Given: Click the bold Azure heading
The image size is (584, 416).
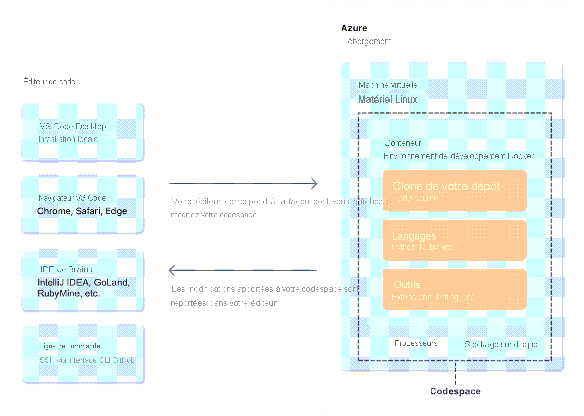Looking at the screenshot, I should click(x=354, y=28).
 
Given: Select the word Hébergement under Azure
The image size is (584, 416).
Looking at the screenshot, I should click(x=366, y=41).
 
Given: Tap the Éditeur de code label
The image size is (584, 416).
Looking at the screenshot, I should click(x=49, y=82).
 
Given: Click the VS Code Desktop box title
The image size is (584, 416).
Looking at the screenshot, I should click(x=73, y=126).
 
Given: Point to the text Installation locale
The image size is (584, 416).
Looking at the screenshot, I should click(x=68, y=139).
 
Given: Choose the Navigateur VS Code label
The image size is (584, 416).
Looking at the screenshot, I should click(x=72, y=198).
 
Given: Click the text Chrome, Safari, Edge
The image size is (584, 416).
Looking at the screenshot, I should click(x=82, y=211).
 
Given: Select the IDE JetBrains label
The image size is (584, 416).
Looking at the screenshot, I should click(x=66, y=269).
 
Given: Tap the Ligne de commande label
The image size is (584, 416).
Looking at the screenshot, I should click(x=70, y=346).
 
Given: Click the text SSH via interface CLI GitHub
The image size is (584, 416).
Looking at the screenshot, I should click(x=87, y=360).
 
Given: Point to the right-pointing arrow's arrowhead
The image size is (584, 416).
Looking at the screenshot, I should click(x=314, y=183).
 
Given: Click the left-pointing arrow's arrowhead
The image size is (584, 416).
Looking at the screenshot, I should click(x=173, y=270).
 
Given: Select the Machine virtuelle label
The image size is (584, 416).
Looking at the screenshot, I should click(x=388, y=85).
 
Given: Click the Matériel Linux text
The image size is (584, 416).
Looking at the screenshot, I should click(x=387, y=99).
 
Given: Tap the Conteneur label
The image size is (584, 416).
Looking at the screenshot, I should click(x=403, y=143).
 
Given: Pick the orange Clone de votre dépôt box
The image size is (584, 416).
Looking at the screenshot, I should click(x=454, y=191).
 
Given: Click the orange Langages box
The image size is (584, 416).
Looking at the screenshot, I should click(x=454, y=241).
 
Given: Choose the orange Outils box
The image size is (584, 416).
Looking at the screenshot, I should click(x=454, y=290).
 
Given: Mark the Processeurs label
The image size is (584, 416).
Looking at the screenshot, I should click(x=416, y=343).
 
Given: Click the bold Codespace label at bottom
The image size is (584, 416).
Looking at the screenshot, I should click(x=455, y=391).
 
